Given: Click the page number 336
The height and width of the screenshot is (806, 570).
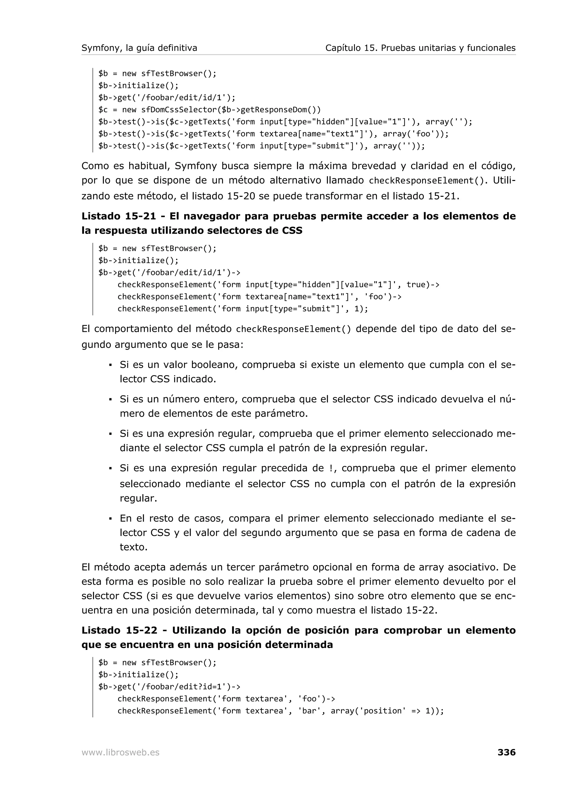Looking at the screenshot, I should [x=506, y=752].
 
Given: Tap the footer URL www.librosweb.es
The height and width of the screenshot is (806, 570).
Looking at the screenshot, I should [x=121, y=752].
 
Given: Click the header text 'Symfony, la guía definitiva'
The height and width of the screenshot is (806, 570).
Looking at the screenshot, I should [x=139, y=48].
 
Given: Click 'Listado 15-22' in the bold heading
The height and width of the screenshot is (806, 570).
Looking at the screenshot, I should [x=119, y=630].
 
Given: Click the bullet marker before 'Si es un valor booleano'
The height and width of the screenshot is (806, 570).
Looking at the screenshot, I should [x=110, y=365].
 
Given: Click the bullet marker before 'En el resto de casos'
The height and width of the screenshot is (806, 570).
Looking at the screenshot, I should [x=110, y=519].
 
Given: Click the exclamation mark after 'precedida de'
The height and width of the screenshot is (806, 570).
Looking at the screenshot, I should [x=331, y=468].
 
